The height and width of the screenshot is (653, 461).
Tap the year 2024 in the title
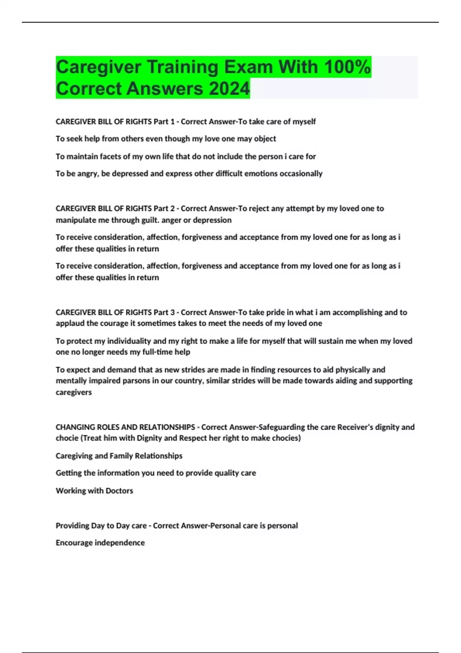tap(229, 89)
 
